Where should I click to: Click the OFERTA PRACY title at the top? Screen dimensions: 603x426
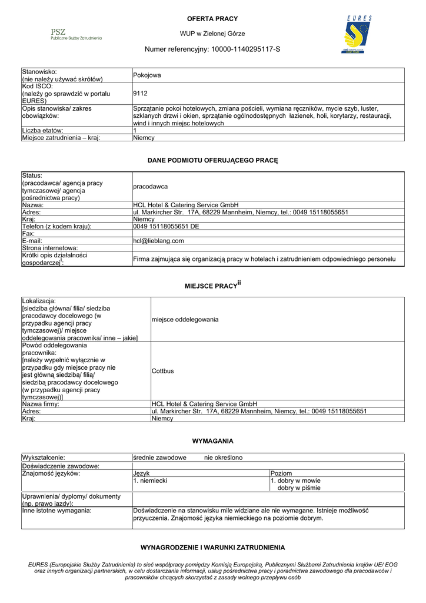pos(212,19)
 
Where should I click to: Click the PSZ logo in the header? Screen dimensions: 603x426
pos(75,34)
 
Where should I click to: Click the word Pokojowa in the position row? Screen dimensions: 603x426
pos(147,75)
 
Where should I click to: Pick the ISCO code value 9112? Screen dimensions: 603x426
pos(141,93)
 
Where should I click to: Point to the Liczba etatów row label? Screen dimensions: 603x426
pos(42,130)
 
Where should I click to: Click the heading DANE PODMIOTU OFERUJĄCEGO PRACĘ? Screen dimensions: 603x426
pos(212,160)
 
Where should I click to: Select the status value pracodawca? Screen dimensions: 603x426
pos(151,186)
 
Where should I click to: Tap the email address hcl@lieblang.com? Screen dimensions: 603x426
pos(159,240)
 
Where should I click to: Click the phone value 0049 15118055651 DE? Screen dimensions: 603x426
pos(167,226)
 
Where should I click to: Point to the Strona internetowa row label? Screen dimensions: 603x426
pos(50,248)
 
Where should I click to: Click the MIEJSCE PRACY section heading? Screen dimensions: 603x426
pos(212,285)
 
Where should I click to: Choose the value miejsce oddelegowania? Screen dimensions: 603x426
pos(185,319)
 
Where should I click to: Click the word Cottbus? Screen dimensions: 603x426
pos(163,371)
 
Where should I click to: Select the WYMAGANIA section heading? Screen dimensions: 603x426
pos(212,440)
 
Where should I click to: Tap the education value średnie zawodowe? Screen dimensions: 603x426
pos(160,458)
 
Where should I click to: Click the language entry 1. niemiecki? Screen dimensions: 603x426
pos(150,481)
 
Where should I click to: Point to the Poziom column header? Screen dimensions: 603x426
pos(281,473)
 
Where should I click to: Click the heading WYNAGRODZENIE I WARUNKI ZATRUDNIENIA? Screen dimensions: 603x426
pos(212,547)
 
